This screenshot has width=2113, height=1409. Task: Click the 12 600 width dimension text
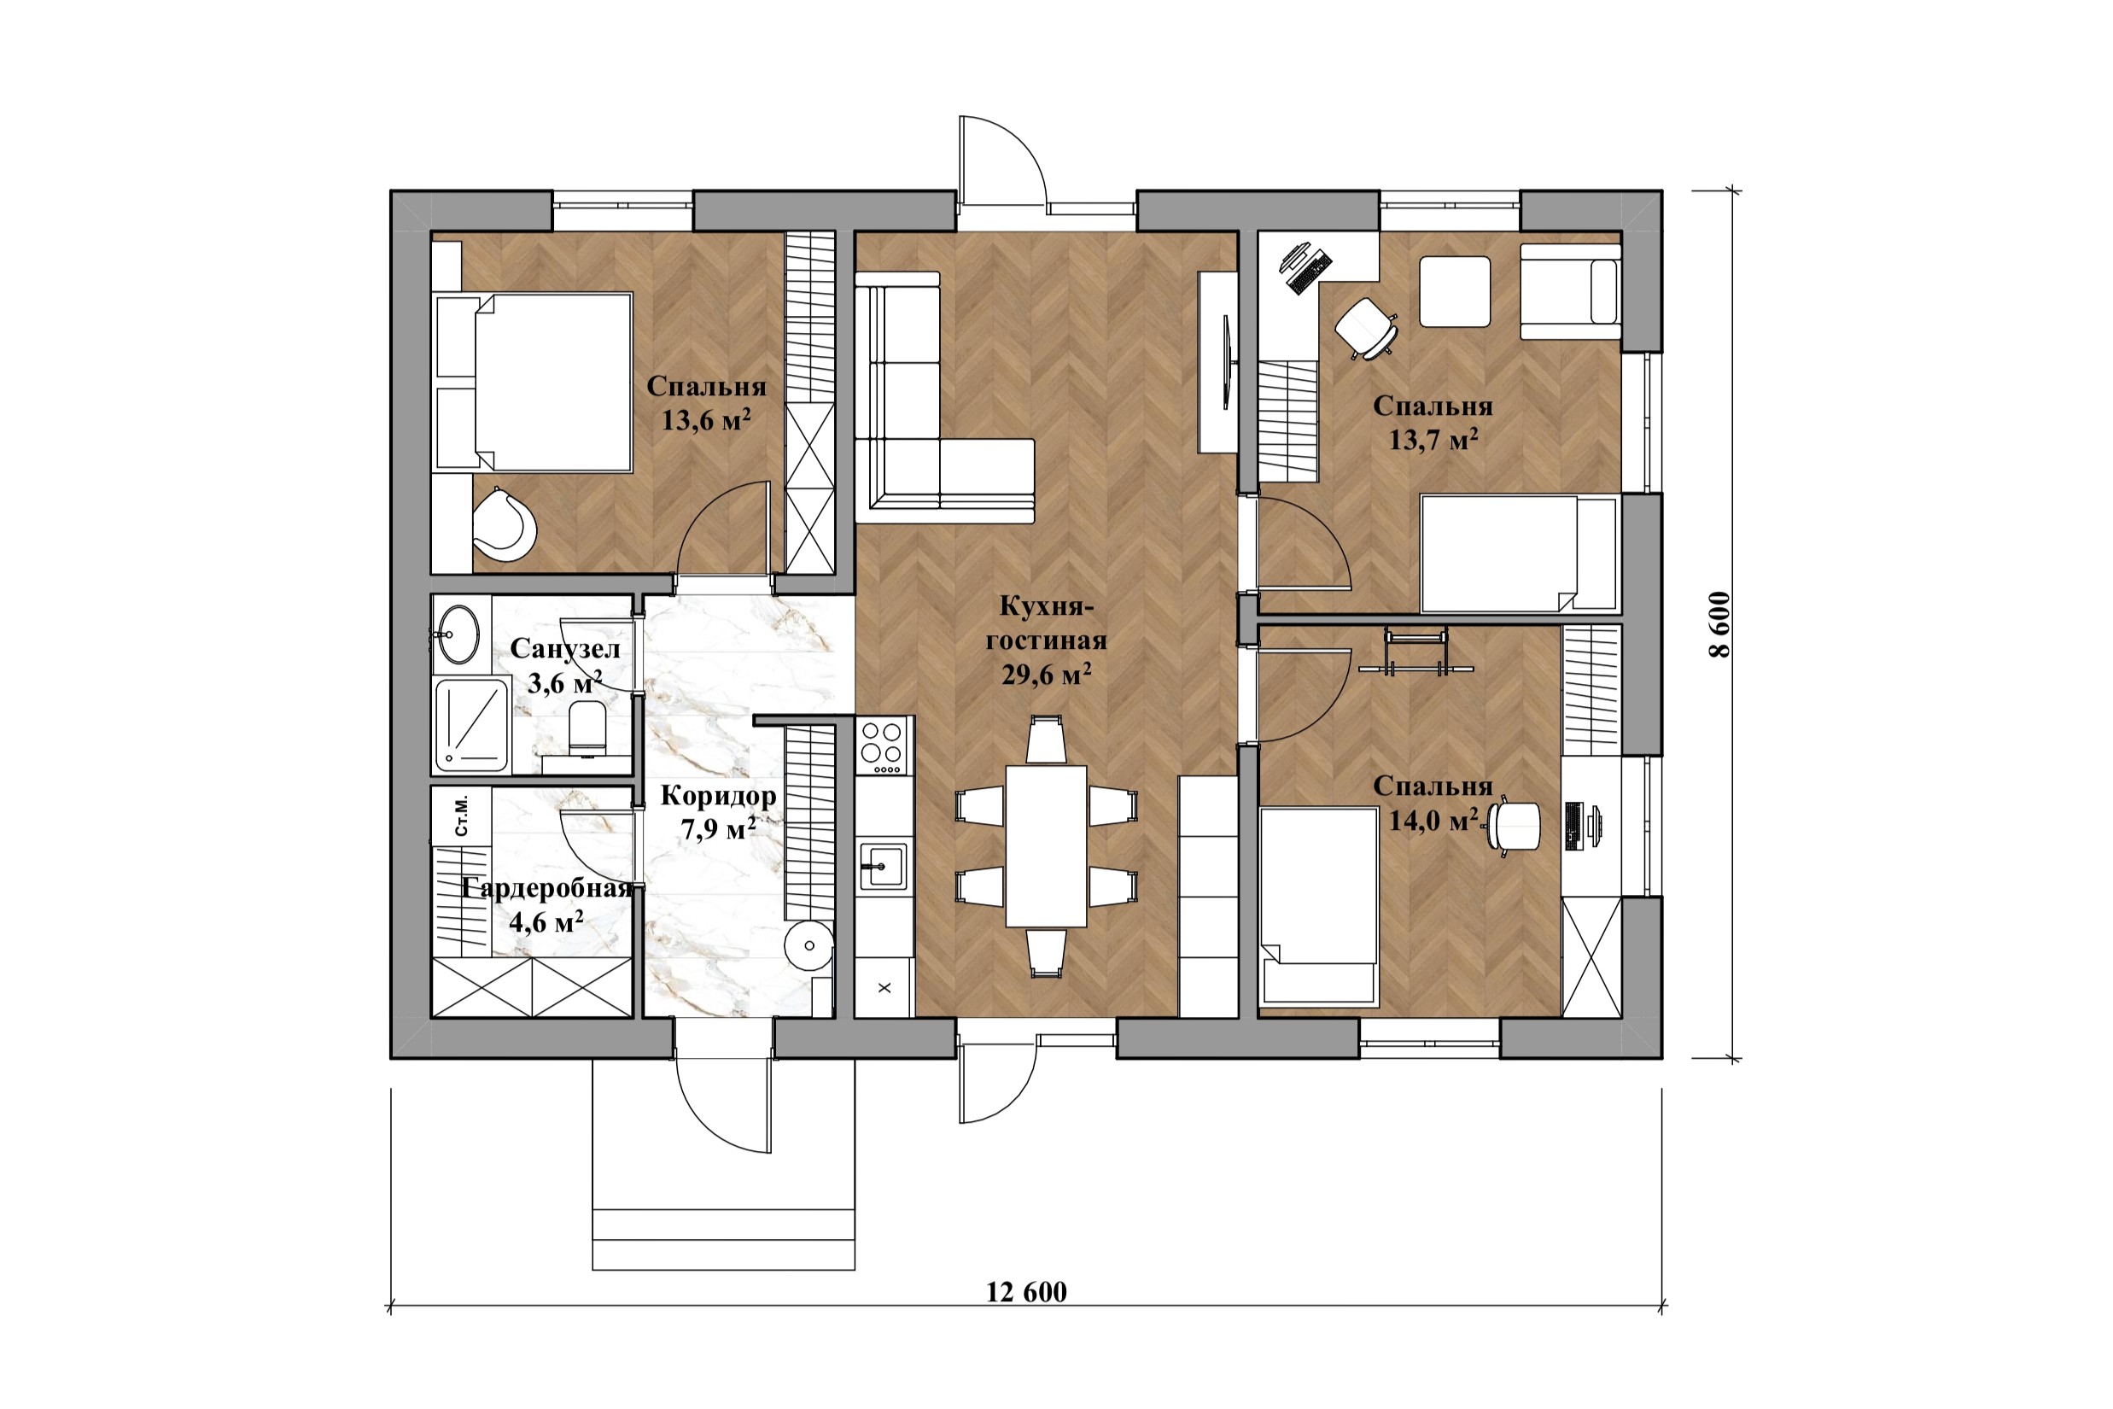1026,1292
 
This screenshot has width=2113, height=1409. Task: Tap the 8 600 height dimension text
1719,624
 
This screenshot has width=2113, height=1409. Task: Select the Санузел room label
565,649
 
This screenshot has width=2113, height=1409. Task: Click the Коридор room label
718,795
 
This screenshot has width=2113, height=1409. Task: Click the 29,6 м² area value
1047,674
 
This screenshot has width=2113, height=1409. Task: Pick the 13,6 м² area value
706,419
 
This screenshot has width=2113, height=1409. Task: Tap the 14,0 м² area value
1433,820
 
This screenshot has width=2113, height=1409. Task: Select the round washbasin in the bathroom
458,634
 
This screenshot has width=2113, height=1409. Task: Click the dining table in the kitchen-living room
1046,845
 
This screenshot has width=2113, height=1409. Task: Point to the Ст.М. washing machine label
462,815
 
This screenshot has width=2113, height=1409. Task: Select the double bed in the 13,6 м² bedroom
533,382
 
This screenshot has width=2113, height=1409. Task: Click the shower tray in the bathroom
471,726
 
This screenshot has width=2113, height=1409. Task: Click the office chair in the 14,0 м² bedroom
1514,825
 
